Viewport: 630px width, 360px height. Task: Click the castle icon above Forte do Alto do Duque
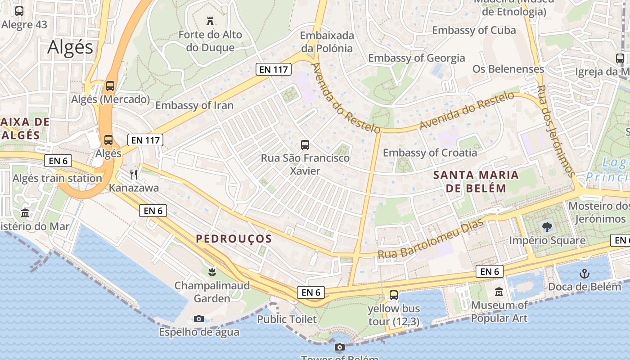210,21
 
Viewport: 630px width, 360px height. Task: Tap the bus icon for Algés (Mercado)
110,85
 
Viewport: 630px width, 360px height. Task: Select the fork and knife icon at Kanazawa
133,174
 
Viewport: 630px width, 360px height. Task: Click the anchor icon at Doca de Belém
584,273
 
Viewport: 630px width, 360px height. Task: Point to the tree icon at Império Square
547,227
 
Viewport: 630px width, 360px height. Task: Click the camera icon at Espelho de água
198,319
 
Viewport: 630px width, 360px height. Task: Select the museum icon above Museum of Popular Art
499,292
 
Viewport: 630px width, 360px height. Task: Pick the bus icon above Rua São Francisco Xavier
305,145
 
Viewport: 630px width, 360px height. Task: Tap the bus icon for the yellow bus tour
394,295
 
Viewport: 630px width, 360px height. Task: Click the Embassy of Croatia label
430,153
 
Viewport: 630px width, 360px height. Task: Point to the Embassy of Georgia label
416,58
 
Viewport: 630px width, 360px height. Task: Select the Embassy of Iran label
194,105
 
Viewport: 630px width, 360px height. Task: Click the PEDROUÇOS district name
234,239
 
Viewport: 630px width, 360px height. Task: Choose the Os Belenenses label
508,69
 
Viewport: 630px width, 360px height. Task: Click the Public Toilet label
287,319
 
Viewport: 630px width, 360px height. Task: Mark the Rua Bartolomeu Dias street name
430,239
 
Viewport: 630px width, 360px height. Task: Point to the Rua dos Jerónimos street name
557,131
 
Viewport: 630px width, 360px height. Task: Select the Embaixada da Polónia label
327,41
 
